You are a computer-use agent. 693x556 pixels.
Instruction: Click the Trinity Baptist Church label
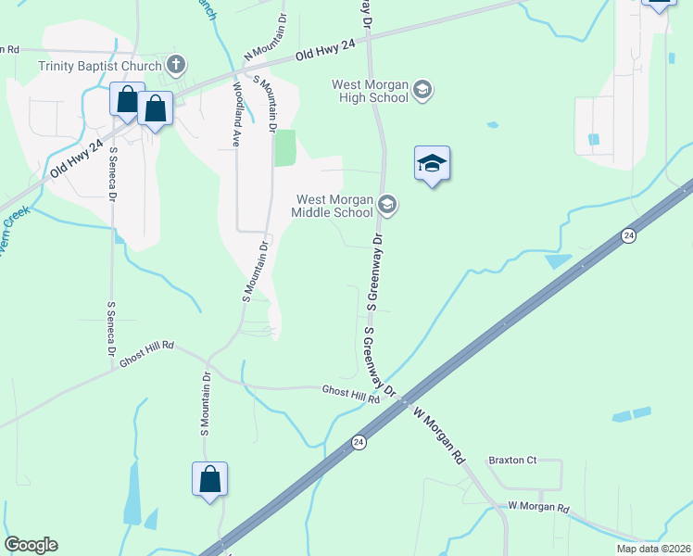[x=99, y=66]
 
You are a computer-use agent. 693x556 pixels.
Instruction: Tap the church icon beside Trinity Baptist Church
[x=177, y=65]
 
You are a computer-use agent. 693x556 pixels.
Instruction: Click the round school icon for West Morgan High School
[x=423, y=90]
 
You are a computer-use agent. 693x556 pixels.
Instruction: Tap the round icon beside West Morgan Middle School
[x=387, y=205]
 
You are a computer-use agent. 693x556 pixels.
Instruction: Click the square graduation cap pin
[x=432, y=164]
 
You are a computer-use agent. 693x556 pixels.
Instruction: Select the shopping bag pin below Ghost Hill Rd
[x=210, y=479]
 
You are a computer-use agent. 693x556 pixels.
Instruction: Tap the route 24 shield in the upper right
[x=629, y=235]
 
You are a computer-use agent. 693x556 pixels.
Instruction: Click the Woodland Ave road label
[x=237, y=114]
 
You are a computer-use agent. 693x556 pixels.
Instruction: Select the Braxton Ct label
[x=512, y=460]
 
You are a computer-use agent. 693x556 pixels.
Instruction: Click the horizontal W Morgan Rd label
[x=538, y=508]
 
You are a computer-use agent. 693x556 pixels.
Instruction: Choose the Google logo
[x=31, y=545]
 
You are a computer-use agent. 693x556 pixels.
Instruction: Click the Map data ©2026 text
[x=653, y=549]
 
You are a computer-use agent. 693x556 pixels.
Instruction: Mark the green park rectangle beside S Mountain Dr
[x=285, y=148]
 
